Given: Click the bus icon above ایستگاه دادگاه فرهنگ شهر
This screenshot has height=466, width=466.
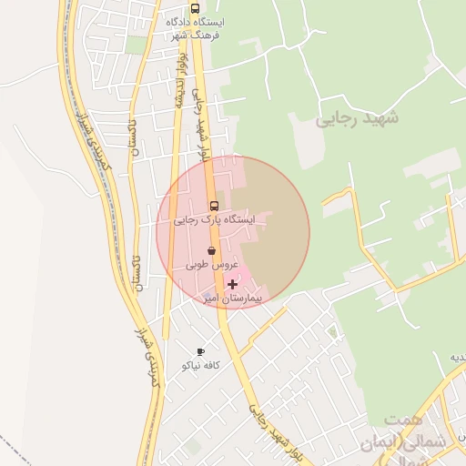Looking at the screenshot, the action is click(x=196, y=7).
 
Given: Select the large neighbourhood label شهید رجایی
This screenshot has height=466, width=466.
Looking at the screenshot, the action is click(x=357, y=118).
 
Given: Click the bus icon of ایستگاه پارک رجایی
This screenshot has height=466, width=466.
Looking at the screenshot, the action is click(x=214, y=206).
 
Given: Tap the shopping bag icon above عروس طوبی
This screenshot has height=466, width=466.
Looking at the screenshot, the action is click(x=211, y=250).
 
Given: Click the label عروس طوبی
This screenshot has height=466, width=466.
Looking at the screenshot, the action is click(x=212, y=265).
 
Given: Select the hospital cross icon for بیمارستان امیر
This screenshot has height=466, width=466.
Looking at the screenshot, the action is click(x=232, y=285).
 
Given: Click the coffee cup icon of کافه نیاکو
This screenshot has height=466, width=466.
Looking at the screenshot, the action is click(x=200, y=351).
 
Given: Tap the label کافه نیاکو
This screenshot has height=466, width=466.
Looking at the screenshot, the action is click(x=203, y=365).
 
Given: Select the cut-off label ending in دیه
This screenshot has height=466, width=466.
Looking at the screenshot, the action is click(x=456, y=356).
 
